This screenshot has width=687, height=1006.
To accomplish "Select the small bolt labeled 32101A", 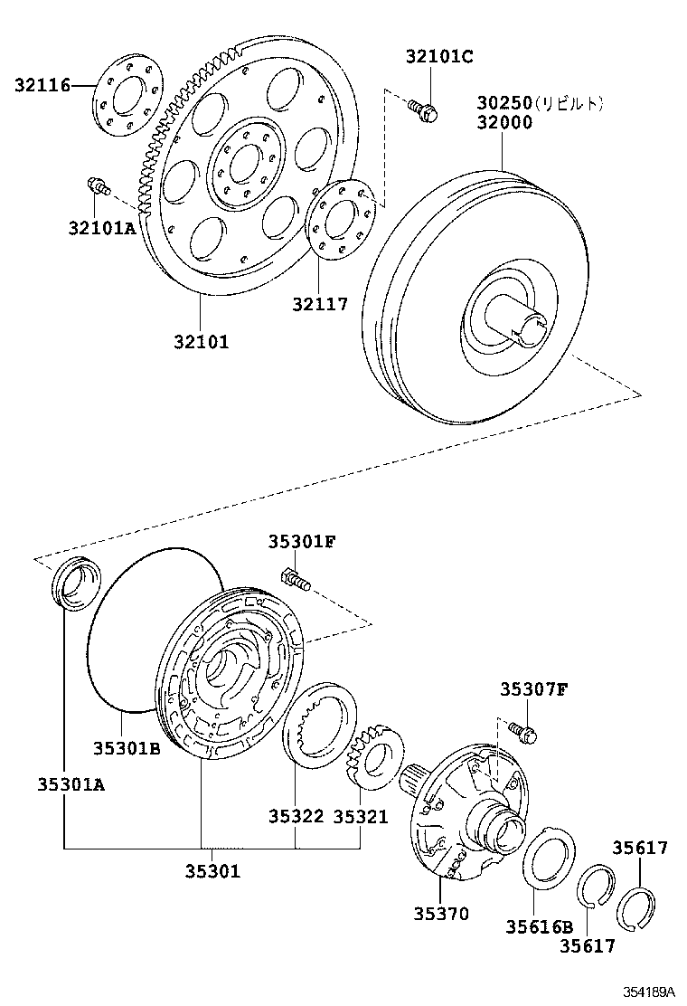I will coord(97,187).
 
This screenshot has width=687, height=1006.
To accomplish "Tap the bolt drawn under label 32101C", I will coord(425,110).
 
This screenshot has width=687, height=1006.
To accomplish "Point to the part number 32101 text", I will coord(202,341).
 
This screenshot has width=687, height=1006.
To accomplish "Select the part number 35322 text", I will coord(296,815).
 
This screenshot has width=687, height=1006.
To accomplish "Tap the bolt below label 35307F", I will coord(522,731).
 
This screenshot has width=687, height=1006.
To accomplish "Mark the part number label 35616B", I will coord(539,926).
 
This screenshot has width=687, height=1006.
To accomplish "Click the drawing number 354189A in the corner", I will coord(647,992).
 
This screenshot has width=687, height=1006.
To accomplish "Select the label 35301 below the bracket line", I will coord(212,871).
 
